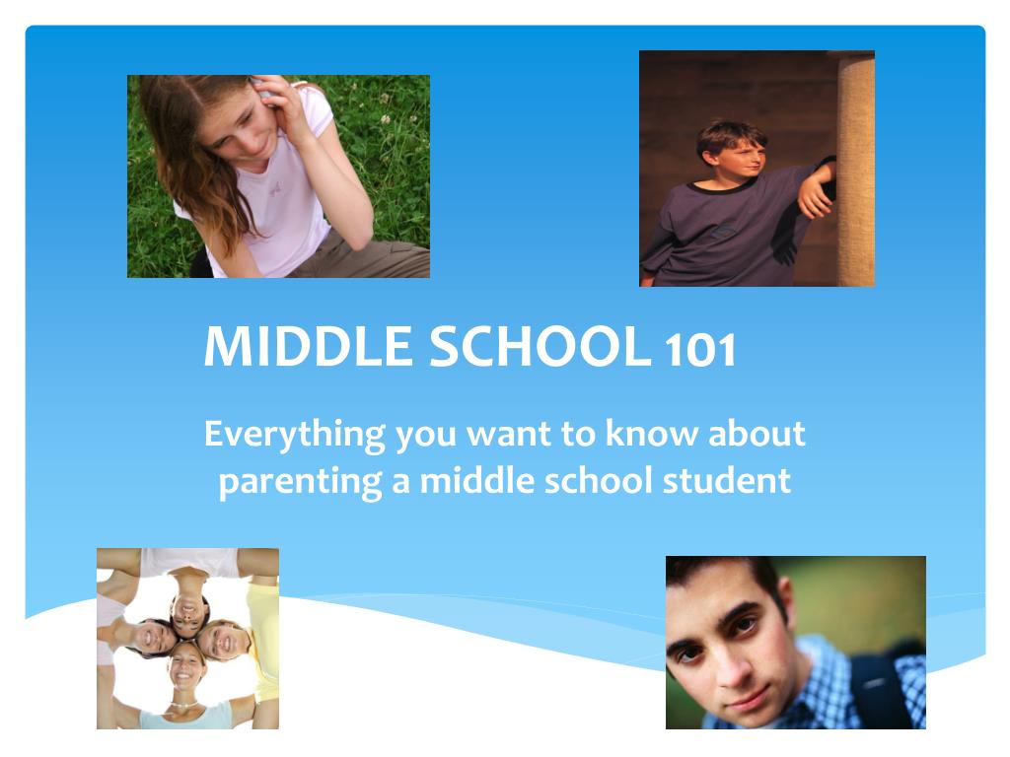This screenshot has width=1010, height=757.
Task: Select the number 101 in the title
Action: point(700,352)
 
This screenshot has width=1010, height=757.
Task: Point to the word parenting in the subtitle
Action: point(284,481)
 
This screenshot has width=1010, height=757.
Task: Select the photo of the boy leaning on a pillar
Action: point(757,169)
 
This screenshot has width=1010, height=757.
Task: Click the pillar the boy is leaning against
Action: point(853,169)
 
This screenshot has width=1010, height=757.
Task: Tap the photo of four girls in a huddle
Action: point(187,639)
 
